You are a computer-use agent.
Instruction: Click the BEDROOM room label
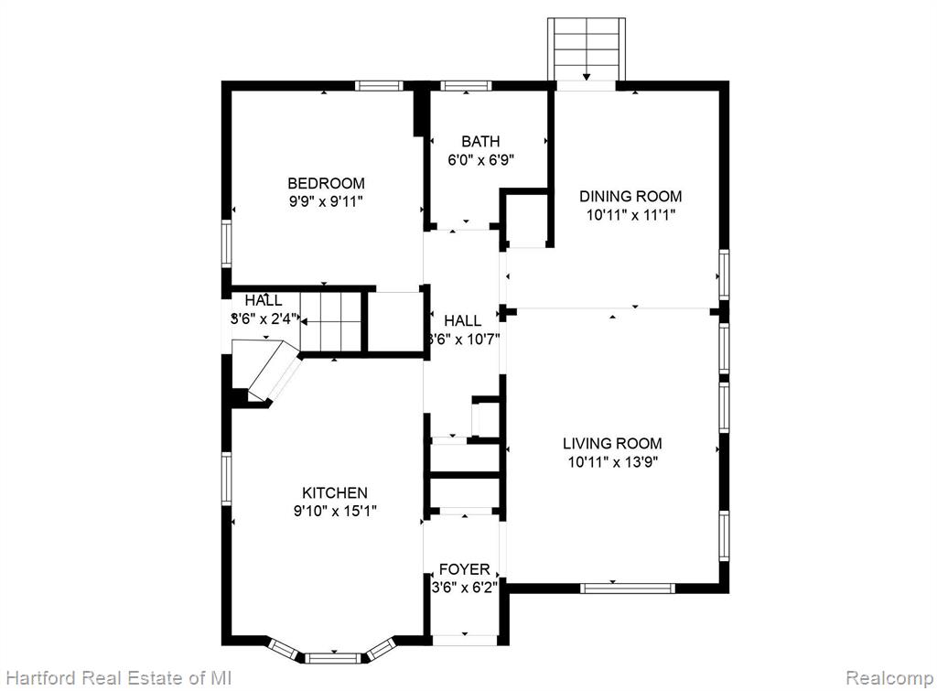pos(326,183)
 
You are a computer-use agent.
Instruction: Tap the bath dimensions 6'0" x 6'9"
pos(481,160)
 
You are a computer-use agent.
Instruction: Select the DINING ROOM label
pos(630,196)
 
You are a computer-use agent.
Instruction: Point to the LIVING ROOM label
pos(612,444)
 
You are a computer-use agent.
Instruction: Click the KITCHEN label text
pos(335,493)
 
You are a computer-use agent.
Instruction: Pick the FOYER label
pos(464,569)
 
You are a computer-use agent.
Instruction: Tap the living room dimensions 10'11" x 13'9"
pos(612,462)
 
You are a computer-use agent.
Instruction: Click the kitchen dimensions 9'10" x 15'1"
pos(335,512)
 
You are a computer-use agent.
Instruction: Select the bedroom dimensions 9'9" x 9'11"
pos(326,201)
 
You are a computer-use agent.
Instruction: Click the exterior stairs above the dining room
pos(587,49)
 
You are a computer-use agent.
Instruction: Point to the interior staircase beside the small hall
pos(331,323)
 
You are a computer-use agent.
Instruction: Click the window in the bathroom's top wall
pos(466,86)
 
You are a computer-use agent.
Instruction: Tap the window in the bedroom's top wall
pos(379,86)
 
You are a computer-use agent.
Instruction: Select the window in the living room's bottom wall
pos(628,588)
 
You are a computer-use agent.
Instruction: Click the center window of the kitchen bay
pos(334,658)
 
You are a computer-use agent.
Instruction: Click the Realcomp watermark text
pos(889,678)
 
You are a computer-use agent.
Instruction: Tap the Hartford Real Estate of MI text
pos(118,678)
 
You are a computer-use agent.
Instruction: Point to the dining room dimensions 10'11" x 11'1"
pos(630,214)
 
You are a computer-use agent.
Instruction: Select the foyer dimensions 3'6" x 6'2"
pos(464,588)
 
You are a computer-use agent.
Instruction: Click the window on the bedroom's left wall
pos(227,243)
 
